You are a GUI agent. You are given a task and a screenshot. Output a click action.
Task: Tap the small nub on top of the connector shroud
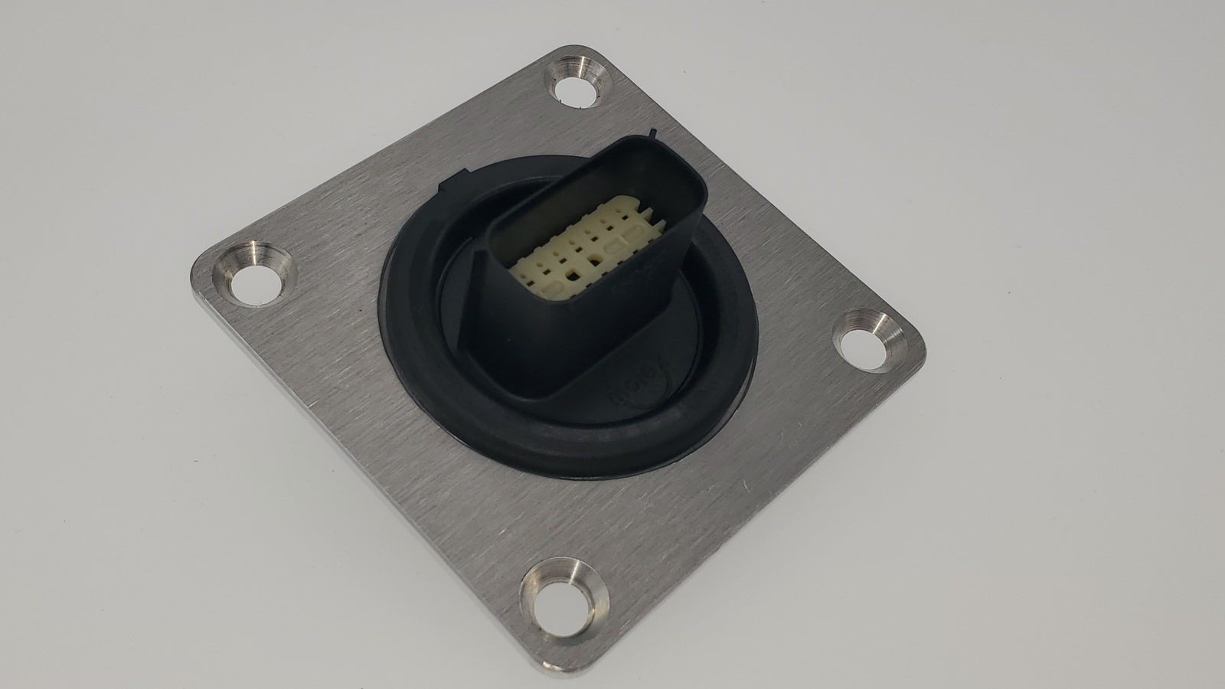(x=652, y=135)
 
